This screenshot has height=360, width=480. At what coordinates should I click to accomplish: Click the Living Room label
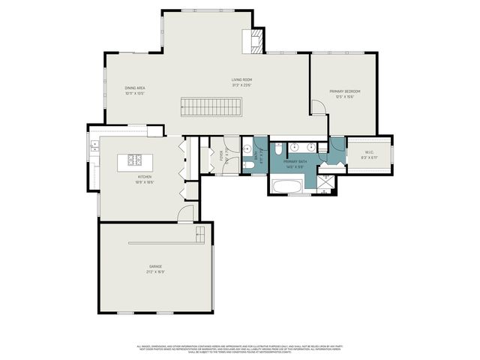click(241, 79)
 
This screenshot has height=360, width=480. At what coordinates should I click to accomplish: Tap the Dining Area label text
click(135, 88)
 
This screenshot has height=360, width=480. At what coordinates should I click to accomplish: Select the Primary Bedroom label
click(345, 91)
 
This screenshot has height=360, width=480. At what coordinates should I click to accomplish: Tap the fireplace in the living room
click(256, 40)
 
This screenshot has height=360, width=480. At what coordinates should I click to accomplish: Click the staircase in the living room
click(211, 107)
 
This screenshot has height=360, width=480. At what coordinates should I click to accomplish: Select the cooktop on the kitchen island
click(136, 159)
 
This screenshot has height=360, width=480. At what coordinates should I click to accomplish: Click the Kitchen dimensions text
click(145, 182)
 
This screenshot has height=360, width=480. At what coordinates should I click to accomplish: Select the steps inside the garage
click(200, 235)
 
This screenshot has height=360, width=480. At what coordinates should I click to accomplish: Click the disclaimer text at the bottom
click(240, 349)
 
